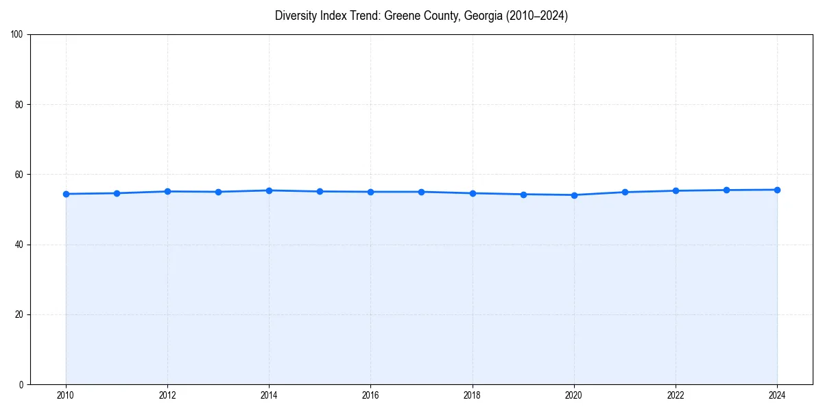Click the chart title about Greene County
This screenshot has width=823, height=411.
[421, 16]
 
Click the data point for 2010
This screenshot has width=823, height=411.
[66, 194]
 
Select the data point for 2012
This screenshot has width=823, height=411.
[167, 191]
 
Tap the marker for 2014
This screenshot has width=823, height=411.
[269, 190]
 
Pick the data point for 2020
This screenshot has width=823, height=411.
[574, 195]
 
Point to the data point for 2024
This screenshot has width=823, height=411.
[777, 190]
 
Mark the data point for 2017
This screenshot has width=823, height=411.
[421, 192]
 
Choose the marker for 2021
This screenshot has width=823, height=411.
[625, 192]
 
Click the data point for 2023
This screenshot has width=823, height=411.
[726, 190]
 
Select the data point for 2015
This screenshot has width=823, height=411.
[320, 191]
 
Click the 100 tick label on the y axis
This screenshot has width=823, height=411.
[17, 35]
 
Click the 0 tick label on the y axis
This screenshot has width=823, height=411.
[22, 384]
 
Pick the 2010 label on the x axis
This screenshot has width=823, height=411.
[66, 395]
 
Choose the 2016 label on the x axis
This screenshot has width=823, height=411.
[370, 395]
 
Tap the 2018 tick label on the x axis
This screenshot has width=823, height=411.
[472, 395]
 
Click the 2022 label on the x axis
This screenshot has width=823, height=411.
[676, 395]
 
